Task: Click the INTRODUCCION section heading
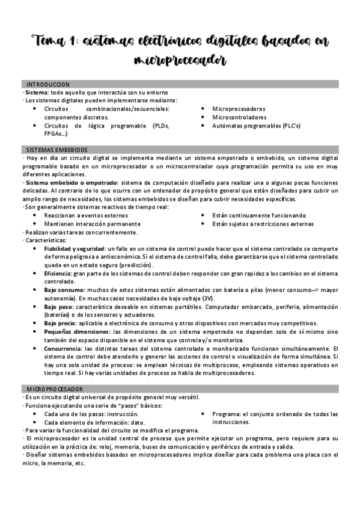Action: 48,84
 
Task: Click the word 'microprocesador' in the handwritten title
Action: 180,60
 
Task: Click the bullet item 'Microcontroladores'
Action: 239,118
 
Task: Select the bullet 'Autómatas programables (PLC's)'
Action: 256,126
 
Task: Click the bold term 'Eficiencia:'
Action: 58,273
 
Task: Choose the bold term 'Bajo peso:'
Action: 58,306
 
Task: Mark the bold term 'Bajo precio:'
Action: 60,323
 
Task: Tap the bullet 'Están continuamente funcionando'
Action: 258,215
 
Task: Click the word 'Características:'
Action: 43,240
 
